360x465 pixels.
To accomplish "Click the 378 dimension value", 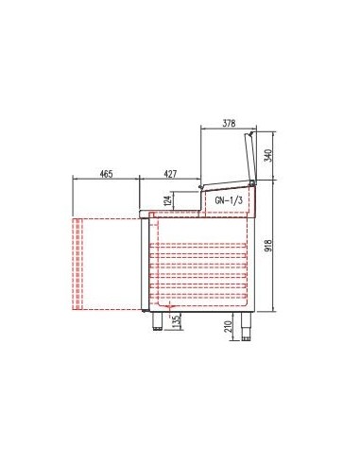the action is click(229, 123).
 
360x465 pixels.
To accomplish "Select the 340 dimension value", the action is click(268, 156).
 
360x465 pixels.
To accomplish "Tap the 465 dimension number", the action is click(106, 174).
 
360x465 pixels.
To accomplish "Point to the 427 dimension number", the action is click(170, 174).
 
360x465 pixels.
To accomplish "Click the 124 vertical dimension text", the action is click(168, 200).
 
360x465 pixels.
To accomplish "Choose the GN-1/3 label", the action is click(229, 200).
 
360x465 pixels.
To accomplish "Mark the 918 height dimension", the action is click(268, 246).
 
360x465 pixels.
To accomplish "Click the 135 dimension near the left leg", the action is click(177, 321).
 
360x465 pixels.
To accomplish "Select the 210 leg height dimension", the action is click(229, 327).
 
